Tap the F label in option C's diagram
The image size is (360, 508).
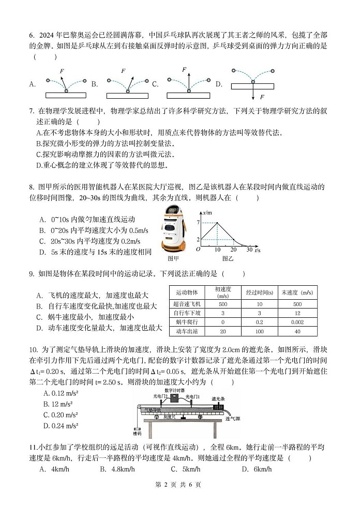[184, 69]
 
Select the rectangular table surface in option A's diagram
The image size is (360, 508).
[66, 95]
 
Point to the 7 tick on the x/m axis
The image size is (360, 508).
[198, 222]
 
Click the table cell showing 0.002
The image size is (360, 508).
[297, 321]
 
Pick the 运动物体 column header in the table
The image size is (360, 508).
[188, 292]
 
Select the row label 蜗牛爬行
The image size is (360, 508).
[188, 321]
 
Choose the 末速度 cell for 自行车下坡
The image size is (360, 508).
[297, 313]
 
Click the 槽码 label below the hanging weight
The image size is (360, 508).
[137, 434]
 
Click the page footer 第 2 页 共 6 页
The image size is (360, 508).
[179, 484]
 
